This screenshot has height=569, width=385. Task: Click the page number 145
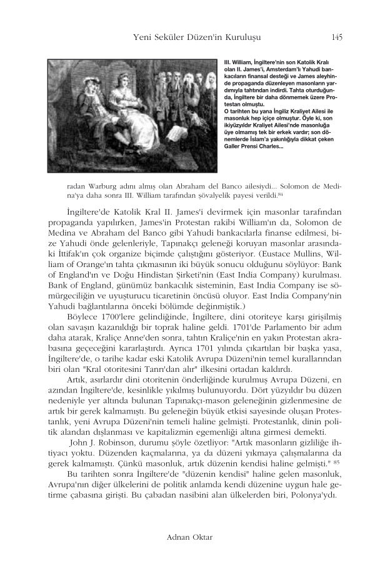click(337, 37)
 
